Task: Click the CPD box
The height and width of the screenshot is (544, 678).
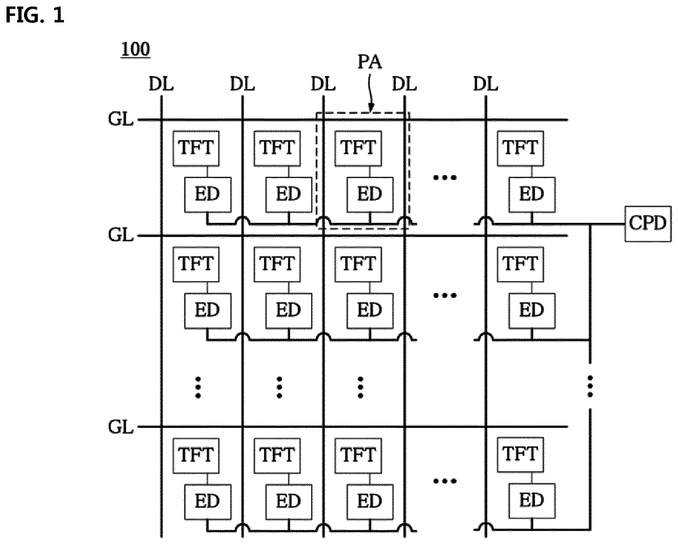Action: [648, 224]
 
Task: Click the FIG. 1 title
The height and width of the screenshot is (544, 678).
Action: [35, 15]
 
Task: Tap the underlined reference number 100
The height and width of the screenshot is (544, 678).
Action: [136, 49]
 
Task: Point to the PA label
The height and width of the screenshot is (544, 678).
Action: [370, 62]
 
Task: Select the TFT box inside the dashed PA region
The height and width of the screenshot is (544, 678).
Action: [358, 148]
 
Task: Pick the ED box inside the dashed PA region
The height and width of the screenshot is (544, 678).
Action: [370, 195]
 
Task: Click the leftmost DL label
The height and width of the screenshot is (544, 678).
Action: [161, 84]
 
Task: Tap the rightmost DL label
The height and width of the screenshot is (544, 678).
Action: [486, 84]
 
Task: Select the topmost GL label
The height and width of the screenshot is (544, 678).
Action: [121, 119]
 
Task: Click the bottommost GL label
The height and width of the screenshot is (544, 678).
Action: [121, 427]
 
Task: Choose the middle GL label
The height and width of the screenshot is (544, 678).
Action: [121, 235]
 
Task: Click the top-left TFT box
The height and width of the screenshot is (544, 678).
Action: [196, 148]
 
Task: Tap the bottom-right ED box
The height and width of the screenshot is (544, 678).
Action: [532, 501]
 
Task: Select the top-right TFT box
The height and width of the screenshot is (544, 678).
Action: [521, 148]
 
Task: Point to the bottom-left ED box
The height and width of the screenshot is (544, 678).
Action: [208, 501]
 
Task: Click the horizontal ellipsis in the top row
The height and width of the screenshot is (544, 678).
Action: [445, 177]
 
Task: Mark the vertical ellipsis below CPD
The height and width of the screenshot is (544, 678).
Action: [590, 386]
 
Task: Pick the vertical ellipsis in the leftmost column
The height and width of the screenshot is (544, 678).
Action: [198, 387]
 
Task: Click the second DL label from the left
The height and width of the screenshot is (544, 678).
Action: [242, 84]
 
